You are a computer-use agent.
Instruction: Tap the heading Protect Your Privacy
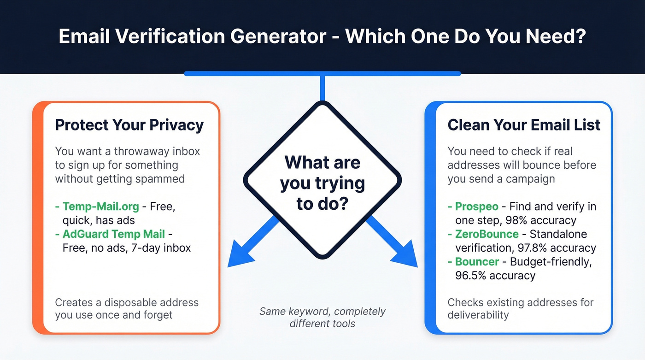(129, 125)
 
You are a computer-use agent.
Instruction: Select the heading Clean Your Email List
(524, 125)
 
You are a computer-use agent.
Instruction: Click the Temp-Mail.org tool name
(100, 206)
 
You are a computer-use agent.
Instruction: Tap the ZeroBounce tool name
(487, 234)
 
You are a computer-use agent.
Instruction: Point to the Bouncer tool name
(477, 262)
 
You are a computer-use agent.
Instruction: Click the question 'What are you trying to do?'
(322, 183)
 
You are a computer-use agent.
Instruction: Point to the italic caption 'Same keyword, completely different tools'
(322, 317)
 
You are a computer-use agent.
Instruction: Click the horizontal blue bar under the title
(322, 73)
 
